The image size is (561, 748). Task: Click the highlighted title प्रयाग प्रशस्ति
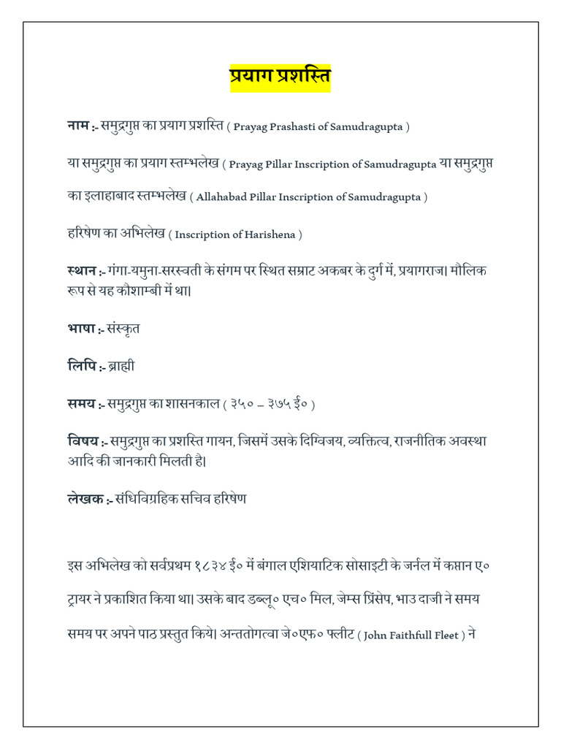[280, 77]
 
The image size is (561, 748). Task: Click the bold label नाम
[77, 126]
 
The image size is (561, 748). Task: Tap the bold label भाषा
[79, 329]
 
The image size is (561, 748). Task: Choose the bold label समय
[79, 403]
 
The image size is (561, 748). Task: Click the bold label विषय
[80, 442]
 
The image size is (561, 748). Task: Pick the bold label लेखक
[82, 500]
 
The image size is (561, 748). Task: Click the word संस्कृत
[123, 329]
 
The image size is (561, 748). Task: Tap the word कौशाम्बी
[169, 291]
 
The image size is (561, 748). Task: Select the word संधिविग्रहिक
[148, 500]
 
